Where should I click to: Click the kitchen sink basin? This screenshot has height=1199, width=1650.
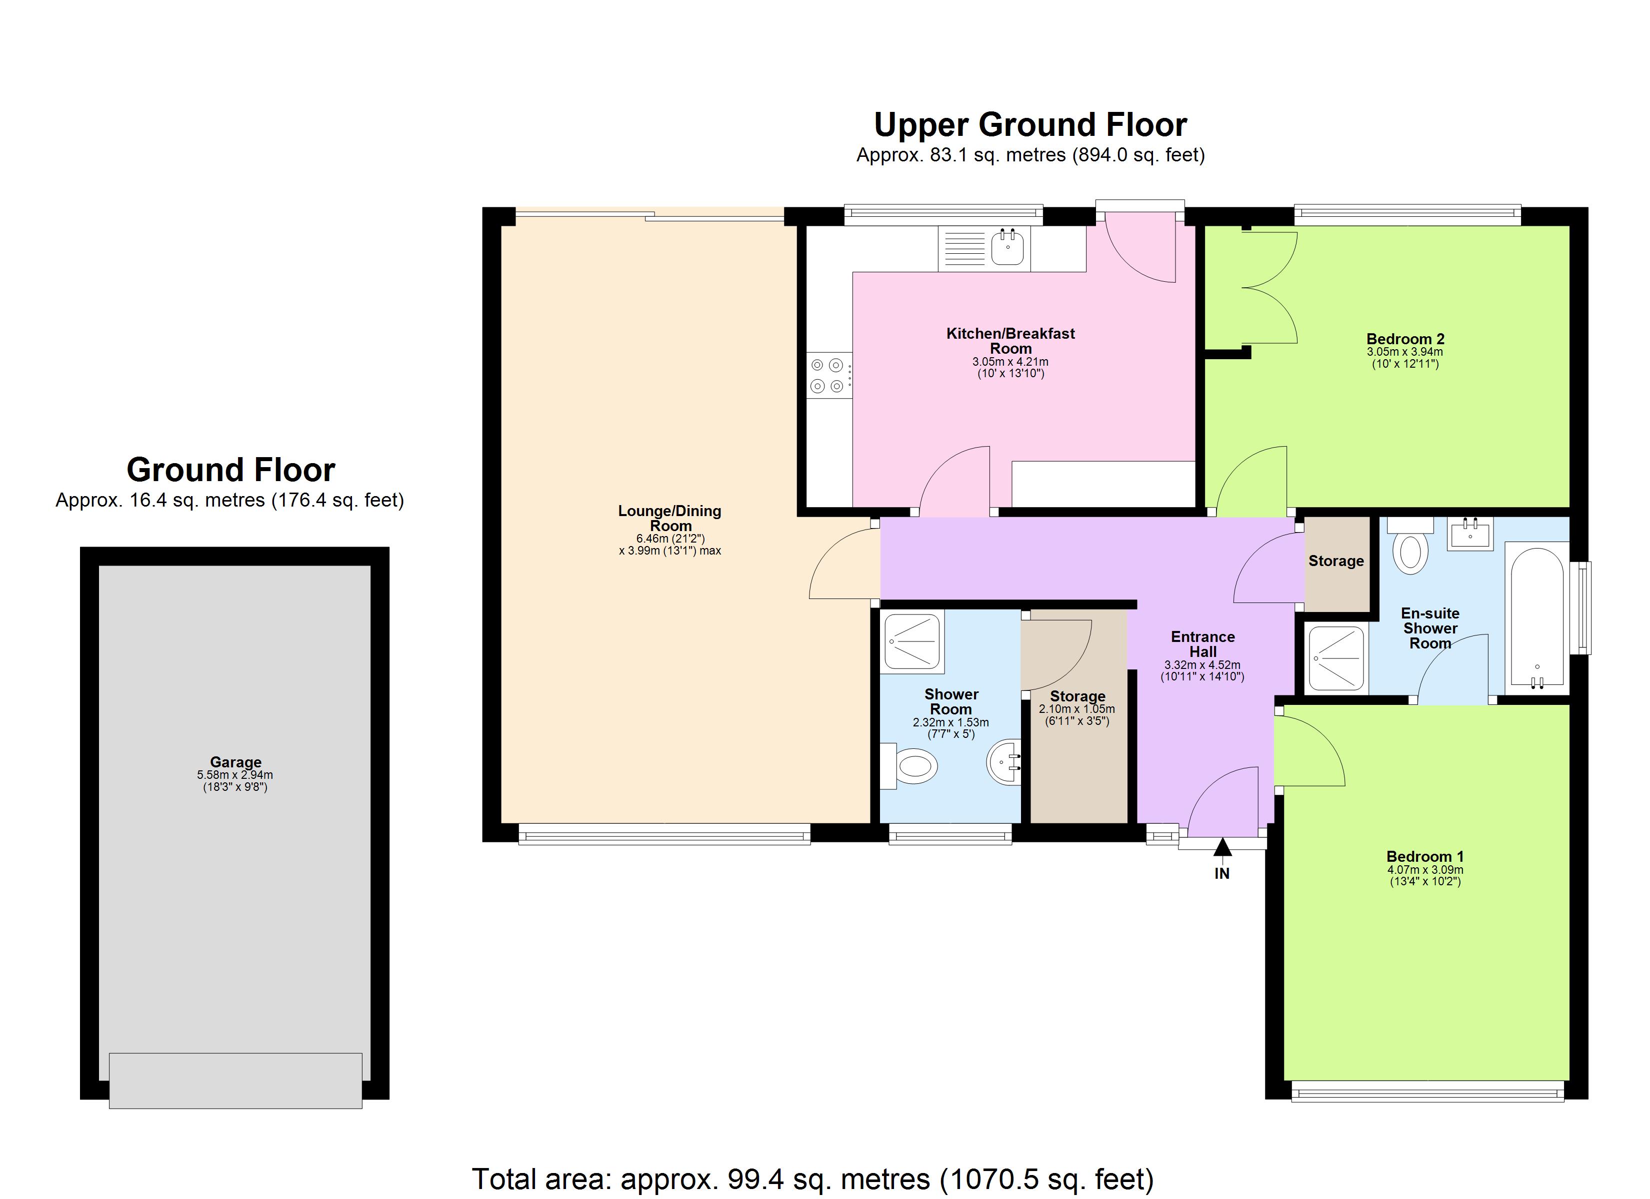click(x=1007, y=247)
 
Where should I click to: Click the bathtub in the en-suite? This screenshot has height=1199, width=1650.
click(x=1536, y=616)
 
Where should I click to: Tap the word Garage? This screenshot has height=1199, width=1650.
click(x=235, y=762)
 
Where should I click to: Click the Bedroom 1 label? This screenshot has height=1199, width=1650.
click(x=1424, y=856)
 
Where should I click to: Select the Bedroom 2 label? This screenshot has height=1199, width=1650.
click(x=1405, y=339)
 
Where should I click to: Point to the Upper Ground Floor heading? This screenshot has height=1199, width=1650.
click(x=1030, y=125)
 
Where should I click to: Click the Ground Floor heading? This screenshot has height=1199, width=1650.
click(x=230, y=470)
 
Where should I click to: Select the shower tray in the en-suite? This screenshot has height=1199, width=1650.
click(x=1335, y=658)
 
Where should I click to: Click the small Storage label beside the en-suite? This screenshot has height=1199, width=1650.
click(x=1335, y=561)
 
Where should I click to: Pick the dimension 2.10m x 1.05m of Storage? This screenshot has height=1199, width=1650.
click(x=1076, y=709)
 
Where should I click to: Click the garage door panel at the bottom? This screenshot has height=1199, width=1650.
click(x=235, y=1081)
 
